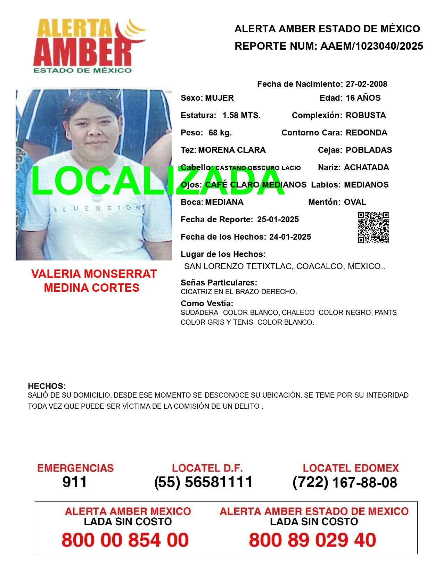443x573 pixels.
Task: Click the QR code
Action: (x=373, y=227)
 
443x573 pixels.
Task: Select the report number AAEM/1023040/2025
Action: (x=371, y=46)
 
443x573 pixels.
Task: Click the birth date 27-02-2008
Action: (x=366, y=84)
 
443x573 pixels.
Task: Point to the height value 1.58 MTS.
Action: (x=241, y=115)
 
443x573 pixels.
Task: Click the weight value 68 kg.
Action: (x=220, y=133)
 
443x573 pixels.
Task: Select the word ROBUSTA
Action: (x=366, y=115)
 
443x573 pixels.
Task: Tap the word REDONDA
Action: (x=366, y=133)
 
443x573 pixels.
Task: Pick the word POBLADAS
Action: (x=369, y=150)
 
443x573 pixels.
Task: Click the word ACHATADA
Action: (x=366, y=167)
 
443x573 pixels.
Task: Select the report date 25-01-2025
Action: (x=278, y=219)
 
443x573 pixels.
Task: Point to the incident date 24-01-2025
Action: (x=290, y=237)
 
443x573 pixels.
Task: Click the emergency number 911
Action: (x=75, y=482)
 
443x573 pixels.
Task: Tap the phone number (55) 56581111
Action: (x=203, y=482)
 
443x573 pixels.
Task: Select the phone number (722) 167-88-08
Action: (x=345, y=482)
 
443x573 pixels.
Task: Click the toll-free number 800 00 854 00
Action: (x=125, y=540)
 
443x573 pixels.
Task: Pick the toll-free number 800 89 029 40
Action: (x=312, y=540)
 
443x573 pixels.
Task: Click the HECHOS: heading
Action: (x=47, y=386)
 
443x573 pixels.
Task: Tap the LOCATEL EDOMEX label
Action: (x=351, y=468)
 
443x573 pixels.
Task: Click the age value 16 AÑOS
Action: (x=363, y=98)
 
